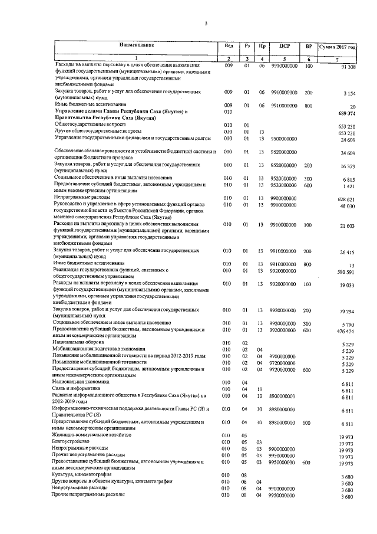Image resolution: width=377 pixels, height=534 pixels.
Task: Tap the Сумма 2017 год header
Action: point(337,46)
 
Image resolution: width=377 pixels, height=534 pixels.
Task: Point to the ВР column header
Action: point(309,45)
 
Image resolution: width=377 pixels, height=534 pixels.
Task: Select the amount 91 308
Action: point(347,68)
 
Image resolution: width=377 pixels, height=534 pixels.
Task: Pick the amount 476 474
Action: point(346,332)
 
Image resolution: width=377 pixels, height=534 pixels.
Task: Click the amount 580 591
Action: point(346,272)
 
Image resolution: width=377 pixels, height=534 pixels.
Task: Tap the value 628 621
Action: point(346,199)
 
